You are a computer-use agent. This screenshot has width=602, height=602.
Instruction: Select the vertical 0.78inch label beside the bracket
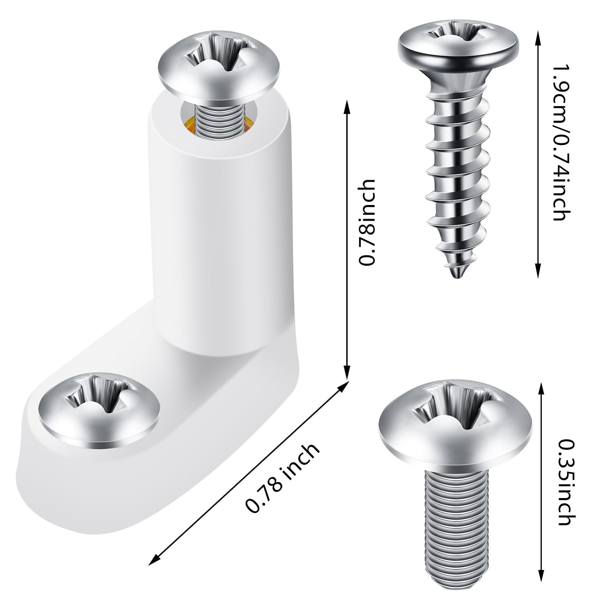(x=367, y=222)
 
